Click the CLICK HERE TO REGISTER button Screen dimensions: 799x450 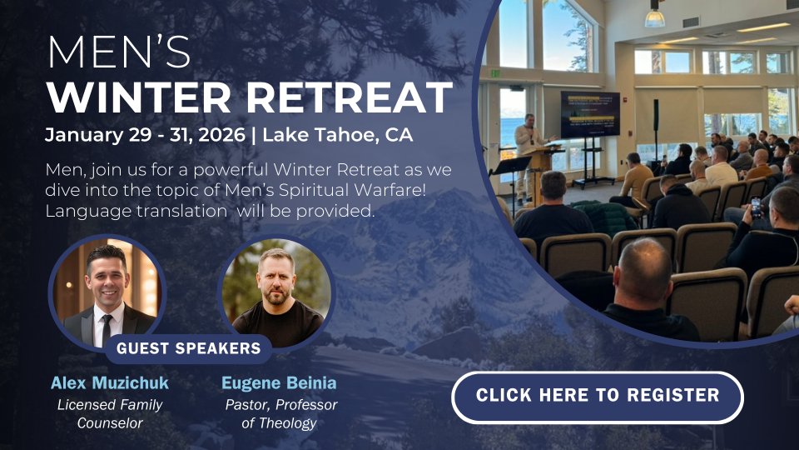pyautogui.click(x=598, y=397)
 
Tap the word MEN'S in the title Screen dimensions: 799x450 pyautogui.click(x=119, y=52)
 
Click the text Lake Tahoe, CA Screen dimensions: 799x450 pyautogui.click(x=337, y=135)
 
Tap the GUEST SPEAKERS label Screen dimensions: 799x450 pyautogui.click(x=189, y=348)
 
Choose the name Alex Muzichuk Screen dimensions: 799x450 pyautogui.click(x=110, y=382)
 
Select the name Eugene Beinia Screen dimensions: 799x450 pyautogui.click(x=279, y=382)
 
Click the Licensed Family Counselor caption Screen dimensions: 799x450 pyautogui.click(x=110, y=414)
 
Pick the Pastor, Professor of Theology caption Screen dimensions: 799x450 pyautogui.click(x=280, y=414)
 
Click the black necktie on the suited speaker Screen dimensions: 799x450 pyautogui.click(x=107, y=328)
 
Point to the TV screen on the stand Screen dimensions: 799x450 pyautogui.click(x=590, y=114)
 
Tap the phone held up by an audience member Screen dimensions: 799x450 pyautogui.click(x=756, y=207)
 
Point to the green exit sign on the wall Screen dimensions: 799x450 pyautogui.click(x=495, y=74)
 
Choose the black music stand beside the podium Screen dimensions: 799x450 pyautogui.click(x=511, y=168)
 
